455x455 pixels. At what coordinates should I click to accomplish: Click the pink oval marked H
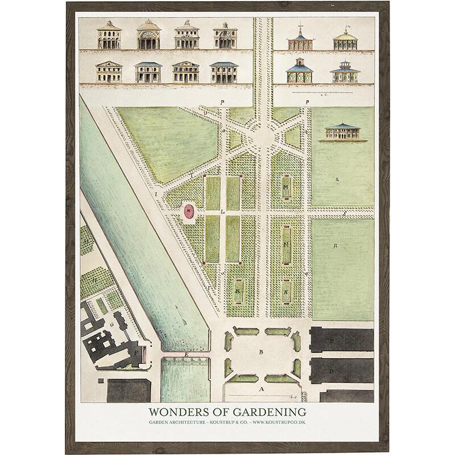point(188,211)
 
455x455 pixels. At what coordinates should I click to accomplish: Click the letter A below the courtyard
point(261,390)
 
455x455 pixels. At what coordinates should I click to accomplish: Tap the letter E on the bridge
point(185,354)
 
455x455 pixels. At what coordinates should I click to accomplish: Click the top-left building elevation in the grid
point(109,36)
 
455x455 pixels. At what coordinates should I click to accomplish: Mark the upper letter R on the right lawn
point(338,179)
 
